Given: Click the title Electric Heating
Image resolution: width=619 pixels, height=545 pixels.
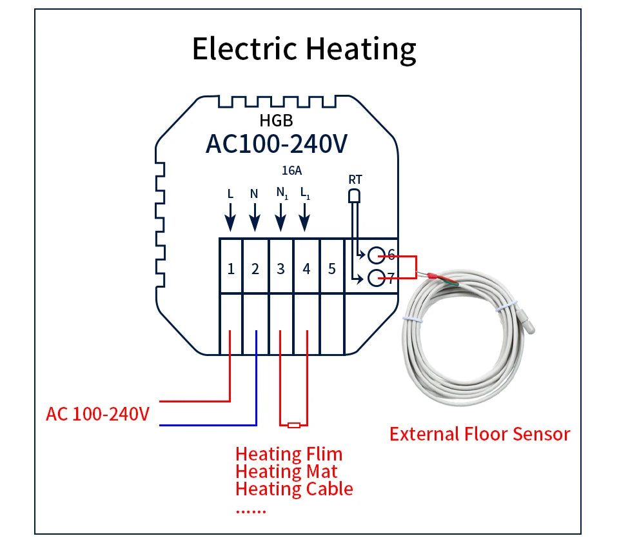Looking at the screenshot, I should (304, 50).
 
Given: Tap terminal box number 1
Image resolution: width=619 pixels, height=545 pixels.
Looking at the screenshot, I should (231, 268).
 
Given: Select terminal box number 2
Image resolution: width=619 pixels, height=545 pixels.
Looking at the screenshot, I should (255, 268).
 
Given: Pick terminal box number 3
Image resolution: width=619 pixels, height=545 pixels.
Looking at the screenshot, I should (280, 268).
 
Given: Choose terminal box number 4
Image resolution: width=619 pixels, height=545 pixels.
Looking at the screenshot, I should (306, 268).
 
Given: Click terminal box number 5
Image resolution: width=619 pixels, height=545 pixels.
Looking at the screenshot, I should (332, 268).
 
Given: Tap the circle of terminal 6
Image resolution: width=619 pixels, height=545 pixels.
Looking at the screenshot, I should (377, 254).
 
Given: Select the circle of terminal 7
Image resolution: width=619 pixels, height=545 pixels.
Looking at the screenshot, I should (377, 279).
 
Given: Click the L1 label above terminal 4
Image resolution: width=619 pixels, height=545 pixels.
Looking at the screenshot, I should (305, 193).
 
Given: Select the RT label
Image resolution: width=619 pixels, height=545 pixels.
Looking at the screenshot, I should (355, 179).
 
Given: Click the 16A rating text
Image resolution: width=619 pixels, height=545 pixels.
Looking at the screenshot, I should (291, 171).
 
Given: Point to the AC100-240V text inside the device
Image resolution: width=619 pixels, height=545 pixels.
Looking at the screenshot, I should (276, 144).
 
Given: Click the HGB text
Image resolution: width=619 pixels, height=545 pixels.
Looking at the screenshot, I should (276, 120).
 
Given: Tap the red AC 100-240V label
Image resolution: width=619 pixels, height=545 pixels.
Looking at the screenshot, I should (97, 413).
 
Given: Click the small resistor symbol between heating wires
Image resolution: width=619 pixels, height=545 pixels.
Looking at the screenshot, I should (294, 425).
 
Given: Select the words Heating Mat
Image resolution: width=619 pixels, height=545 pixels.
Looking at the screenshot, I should (286, 471).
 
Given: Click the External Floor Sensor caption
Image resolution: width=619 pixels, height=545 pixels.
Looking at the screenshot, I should (480, 434).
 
